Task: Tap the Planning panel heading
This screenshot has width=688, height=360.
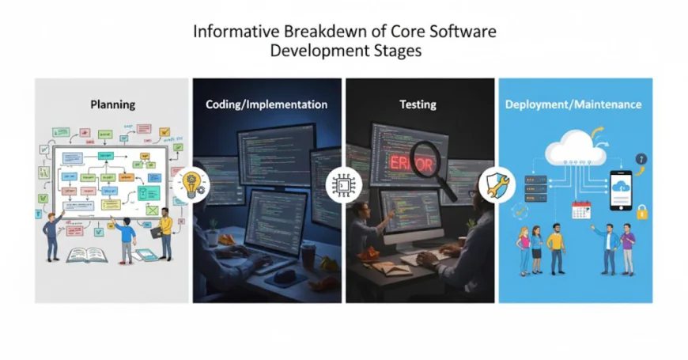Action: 112,104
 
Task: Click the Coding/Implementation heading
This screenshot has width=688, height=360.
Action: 267,104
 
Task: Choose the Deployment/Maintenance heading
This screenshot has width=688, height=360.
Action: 574,104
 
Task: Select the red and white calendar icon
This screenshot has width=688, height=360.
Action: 581,210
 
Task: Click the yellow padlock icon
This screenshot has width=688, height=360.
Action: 642,212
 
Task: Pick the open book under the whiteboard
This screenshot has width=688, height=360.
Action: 87,255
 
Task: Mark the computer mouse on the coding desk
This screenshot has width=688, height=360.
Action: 287,277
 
